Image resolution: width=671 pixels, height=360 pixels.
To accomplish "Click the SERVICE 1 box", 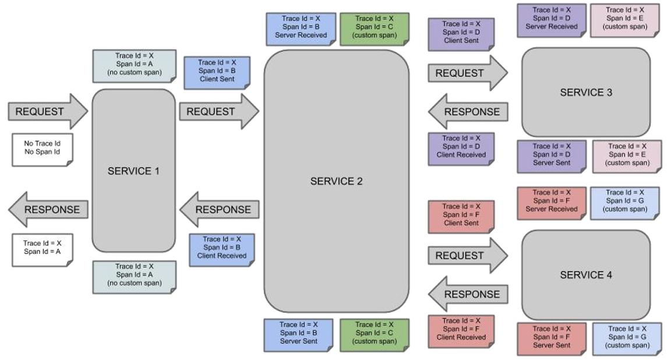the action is click(x=133, y=170).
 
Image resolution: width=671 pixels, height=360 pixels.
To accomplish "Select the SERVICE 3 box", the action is click(x=586, y=92).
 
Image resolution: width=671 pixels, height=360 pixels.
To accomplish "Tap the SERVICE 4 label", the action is click(x=586, y=275).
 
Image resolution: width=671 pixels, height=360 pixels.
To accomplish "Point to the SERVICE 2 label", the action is click(x=336, y=182).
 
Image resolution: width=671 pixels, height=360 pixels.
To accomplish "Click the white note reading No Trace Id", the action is click(x=43, y=150).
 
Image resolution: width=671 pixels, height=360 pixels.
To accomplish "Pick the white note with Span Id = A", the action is click(x=43, y=250).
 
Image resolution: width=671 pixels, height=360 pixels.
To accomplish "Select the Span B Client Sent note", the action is click(x=217, y=73).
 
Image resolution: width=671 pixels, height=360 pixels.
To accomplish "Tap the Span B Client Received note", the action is click(x=222, y=249).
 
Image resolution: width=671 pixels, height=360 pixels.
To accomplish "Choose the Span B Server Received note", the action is click(x=301, y=29).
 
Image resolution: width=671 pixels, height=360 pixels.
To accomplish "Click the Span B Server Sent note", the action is click(x=299, y=335).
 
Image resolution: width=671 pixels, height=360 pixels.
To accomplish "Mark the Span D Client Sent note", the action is click(x=461, y=34).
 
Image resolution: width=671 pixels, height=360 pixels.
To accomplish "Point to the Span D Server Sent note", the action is click(x=552, y=157).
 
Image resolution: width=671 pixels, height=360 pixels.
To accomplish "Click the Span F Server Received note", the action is click(x=552, y=203).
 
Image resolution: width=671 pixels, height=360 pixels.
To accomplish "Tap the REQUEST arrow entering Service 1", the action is click(x=48, y=111).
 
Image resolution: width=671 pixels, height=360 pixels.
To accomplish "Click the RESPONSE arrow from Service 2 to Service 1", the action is click(x=219, y=209).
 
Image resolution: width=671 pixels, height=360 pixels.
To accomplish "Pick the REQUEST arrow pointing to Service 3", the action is click(x=468, y=73).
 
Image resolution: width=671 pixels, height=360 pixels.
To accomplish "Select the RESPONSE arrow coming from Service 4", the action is click(x=468, y=294).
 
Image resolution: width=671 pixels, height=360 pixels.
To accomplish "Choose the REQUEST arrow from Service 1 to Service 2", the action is click(x=219, y=111).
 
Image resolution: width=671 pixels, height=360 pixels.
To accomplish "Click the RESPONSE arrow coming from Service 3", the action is click(x=468, y=112).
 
